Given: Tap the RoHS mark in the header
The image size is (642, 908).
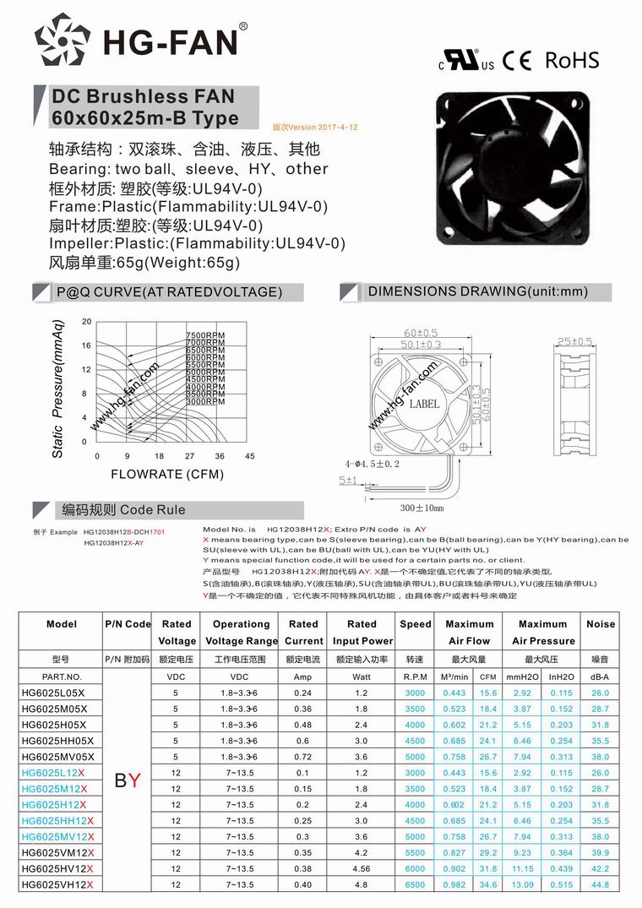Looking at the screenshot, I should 572,60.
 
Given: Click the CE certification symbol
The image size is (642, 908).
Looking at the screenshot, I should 517,61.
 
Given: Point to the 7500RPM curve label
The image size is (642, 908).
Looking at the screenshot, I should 205,337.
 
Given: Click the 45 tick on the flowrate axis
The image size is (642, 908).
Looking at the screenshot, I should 250,456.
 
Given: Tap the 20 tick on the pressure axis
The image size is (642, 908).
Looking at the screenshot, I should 86,322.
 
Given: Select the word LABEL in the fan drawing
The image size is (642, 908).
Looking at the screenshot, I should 424,404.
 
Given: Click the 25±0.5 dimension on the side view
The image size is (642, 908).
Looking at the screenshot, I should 575,342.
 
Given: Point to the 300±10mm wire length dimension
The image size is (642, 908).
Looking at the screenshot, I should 422,508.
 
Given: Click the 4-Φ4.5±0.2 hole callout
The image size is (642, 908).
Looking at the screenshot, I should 372,464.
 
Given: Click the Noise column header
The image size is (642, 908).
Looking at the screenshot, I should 601,624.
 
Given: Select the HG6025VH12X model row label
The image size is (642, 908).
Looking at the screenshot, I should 57,884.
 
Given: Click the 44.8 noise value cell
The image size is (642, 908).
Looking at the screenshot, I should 601,884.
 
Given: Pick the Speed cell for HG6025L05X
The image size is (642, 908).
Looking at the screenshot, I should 415,693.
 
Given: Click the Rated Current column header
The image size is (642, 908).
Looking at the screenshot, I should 303,633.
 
